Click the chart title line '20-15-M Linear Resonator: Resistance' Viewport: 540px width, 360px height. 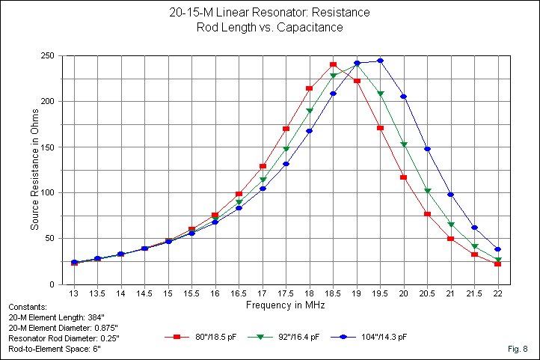coord(269,13)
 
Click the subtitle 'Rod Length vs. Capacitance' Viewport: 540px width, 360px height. coord(269,27)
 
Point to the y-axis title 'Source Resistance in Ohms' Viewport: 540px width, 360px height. coord(34,170)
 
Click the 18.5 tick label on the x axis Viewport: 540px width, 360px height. coord(334,293)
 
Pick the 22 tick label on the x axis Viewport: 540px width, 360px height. coord(497,293)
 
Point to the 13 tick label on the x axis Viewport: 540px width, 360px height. coord(74,293)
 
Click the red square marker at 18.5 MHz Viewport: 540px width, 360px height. coord(334,65)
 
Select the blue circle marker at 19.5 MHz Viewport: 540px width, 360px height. coord(381,61)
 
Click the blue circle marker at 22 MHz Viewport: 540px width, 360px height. coord(497,249)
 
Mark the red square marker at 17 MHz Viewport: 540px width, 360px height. coord(263,166)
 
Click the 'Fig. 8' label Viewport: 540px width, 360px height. coord(518,350)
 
